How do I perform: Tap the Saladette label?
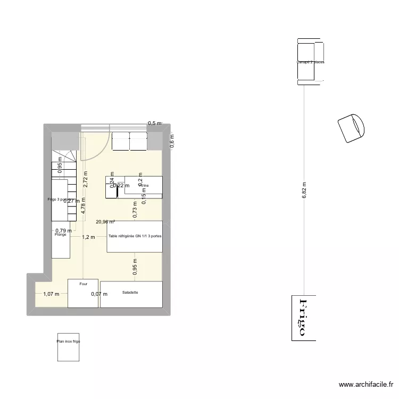tap(130, 293)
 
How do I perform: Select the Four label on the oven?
tap(84, 284)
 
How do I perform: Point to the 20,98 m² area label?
tap(105, 222)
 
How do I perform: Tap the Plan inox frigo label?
tap(69, 342)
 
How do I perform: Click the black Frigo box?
tap(303, 318)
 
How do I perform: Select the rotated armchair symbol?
tap(352, 128)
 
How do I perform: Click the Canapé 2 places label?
tap(311, 62)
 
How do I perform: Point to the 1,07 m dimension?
tap(51, 294)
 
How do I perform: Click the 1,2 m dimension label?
tap(88, 237)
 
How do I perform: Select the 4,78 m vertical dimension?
tap(83, 205)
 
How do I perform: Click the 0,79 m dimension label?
tap(64, 230)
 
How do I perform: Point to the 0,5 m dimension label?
tap(154, 123)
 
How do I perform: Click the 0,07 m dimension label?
tap(99, 294)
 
